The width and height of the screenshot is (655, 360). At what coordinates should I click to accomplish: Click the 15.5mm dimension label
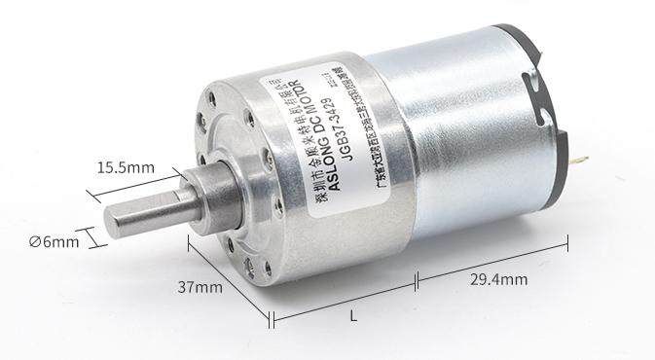[126, 168]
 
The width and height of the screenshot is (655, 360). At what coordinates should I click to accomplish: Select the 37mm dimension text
[200, 287]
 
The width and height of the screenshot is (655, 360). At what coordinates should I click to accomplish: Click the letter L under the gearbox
[352, 315]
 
